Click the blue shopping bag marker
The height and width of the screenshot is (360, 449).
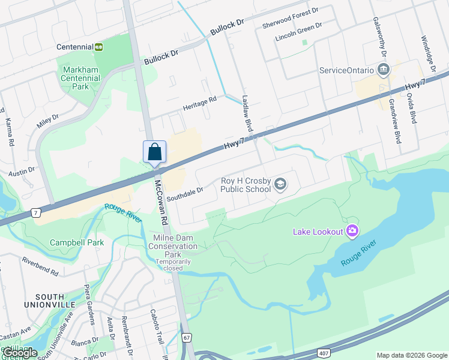point(154,151)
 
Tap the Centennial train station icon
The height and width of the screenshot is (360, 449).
point(98,47)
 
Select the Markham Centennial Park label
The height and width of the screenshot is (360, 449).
point(81,78)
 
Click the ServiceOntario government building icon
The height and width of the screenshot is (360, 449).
point(384,70)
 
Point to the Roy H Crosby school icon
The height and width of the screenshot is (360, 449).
point(280,184)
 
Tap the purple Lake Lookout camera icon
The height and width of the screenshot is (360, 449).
point(352,231)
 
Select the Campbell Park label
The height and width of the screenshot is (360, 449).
point(76,242)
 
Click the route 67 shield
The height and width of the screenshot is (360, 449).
point(187,338)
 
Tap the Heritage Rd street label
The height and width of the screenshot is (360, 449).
point(199,103)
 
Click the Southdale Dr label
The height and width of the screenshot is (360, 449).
point(185,193)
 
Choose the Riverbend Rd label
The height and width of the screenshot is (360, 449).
point(40,267)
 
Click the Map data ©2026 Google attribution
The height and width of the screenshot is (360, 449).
point(411,355)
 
